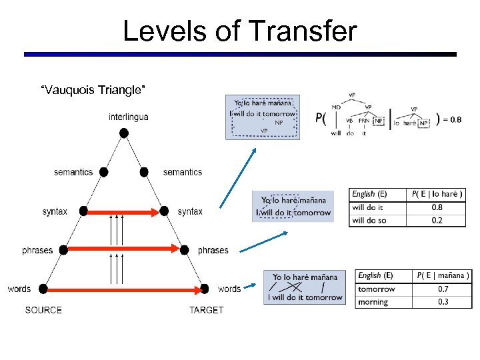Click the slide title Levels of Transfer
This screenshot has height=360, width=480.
(240, 31)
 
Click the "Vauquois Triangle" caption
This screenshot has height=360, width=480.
(93, 89)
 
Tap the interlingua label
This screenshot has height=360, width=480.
(129, 117)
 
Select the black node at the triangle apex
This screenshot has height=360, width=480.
(123, 133)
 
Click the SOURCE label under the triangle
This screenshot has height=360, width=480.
(43, 310)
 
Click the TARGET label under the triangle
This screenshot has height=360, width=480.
(206, 310)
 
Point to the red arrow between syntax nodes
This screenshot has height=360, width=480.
(123, 212)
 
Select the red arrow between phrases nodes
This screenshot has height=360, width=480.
(123, 250)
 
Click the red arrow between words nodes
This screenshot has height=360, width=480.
(123, 289)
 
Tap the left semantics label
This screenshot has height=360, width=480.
(73, 172)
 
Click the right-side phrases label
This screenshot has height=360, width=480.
(213, 251)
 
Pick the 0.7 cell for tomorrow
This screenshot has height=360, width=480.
(443, 289)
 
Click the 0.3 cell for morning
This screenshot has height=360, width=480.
(443, 302)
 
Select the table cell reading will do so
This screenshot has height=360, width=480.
(369, 220)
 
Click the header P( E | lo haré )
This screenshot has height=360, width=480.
(437, 194)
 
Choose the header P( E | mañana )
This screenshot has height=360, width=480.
(443, 275)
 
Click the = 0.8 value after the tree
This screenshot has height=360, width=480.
(452, 120)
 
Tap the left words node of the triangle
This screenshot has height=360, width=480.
(44, 289)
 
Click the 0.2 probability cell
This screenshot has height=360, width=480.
(437, 220)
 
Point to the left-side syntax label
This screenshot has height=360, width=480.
(55, 211)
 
